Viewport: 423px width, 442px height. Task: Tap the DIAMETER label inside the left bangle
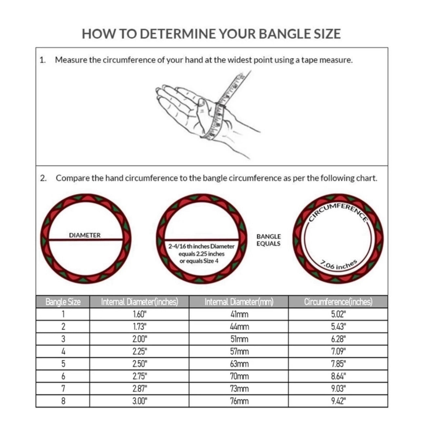85,235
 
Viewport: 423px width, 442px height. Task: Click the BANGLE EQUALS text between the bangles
269,240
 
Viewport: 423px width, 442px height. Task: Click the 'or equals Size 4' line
199,261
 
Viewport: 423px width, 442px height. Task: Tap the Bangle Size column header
63,302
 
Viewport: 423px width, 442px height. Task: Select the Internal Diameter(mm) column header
239,302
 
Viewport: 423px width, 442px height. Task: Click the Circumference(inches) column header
338,302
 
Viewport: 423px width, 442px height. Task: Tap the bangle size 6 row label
63,376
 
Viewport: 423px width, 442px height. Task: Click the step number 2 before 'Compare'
43,178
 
